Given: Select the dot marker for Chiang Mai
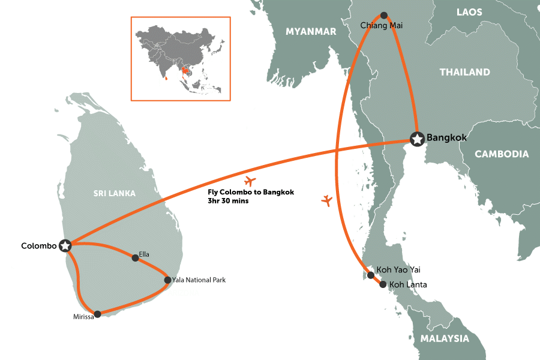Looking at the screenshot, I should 384,15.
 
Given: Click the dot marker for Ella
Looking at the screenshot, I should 135,258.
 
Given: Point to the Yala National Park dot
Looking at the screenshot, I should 167,280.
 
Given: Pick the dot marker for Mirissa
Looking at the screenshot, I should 98,314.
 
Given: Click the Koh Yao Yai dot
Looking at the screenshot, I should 371,275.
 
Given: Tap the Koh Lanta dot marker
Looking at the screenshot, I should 383,284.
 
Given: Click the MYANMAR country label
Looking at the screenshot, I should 311,32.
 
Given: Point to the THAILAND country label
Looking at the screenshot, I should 464,72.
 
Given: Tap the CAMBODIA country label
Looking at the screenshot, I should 502,154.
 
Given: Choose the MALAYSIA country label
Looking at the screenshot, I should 445,338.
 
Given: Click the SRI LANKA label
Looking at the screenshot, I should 114,193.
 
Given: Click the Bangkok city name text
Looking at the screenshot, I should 446,138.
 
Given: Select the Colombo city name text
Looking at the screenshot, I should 38,246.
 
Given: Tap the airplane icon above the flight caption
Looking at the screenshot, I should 250,181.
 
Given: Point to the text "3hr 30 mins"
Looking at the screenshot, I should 227,202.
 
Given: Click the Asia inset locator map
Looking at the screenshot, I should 181,58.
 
